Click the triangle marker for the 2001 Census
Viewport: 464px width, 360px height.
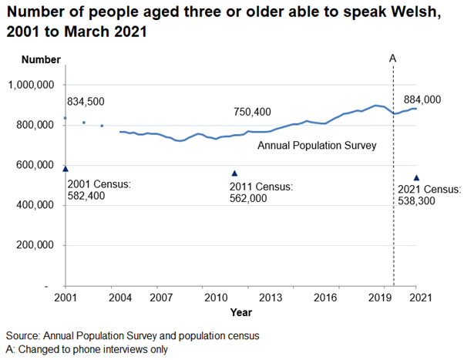pos(66,168)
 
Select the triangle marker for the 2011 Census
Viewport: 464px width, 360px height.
pos(235,173)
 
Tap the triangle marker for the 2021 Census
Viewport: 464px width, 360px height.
pos(416,178)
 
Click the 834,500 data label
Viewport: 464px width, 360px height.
pos(86,102)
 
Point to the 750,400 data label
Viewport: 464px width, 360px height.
pos(252,113)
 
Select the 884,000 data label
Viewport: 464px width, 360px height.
pos(422,99)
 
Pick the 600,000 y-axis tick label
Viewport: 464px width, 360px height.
pos(35,165)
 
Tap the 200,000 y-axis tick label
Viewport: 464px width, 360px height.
pos(35,245)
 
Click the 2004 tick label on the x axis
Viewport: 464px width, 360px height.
pos(119,298)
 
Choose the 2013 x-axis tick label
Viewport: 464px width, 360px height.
pos(270,298)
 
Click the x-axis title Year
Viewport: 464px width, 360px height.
pos(240,312)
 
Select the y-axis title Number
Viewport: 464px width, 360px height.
pos(41,59)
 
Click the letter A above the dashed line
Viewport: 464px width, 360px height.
pos(392,59)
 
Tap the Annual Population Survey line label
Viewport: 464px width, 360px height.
pos(316,145)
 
